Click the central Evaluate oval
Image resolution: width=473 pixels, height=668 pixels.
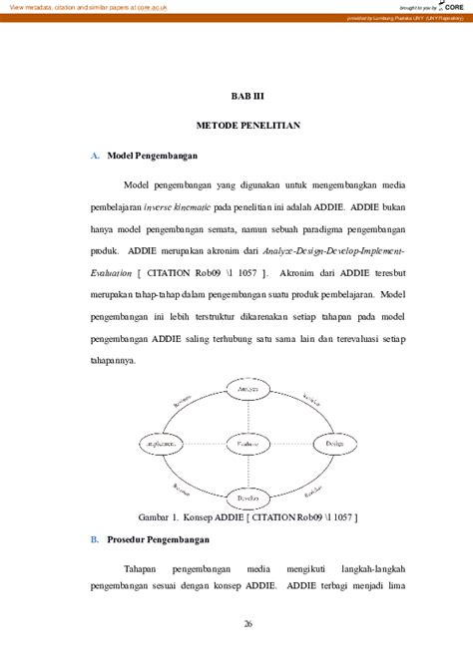pos(240,442)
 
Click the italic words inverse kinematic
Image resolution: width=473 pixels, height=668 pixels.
pos(184,206)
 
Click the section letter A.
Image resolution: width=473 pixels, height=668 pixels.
pos(94,157)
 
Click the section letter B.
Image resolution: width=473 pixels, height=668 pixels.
pos(94,539)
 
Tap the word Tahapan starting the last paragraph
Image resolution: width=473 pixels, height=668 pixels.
pos(144,568)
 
